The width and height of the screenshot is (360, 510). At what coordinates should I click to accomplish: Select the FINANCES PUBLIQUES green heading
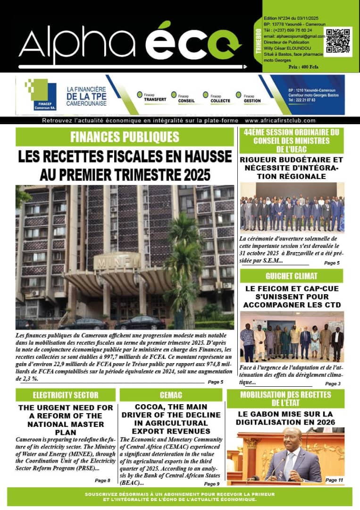(x=125, y=137)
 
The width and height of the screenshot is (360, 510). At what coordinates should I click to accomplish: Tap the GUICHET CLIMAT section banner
(x=291, y=276)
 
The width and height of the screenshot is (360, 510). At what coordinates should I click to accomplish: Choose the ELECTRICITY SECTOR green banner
(x=66, y=395)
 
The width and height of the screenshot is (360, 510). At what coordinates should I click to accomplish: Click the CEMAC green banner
(x=171, y=395)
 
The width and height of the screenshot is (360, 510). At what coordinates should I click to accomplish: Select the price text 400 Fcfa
(x=303, y=67)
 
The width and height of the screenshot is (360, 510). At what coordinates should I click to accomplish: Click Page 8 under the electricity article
(x=102, y=480)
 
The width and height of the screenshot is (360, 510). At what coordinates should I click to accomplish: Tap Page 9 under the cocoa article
(x=211, y=484)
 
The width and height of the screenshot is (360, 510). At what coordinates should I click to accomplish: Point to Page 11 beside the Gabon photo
(x=334, y=480)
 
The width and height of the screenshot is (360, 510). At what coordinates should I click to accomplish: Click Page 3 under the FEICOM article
(x=332, y=383)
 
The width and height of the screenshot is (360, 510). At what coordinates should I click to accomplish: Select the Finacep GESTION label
(x=252, y=100)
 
